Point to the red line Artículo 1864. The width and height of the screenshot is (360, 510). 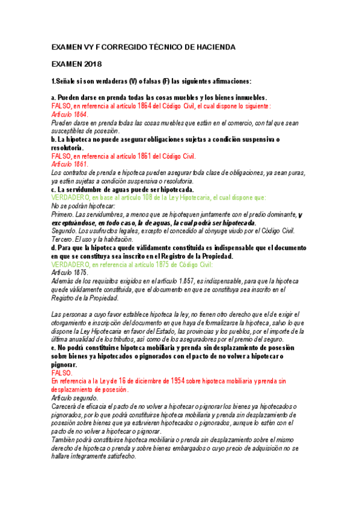(x=70, y=114)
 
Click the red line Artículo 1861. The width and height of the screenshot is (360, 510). (x=70, y=164)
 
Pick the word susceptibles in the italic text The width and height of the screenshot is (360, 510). (x=73, y=131)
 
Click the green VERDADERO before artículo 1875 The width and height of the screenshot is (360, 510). (x=71, y=264)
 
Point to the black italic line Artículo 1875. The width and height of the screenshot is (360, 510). (x=70, y=272)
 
